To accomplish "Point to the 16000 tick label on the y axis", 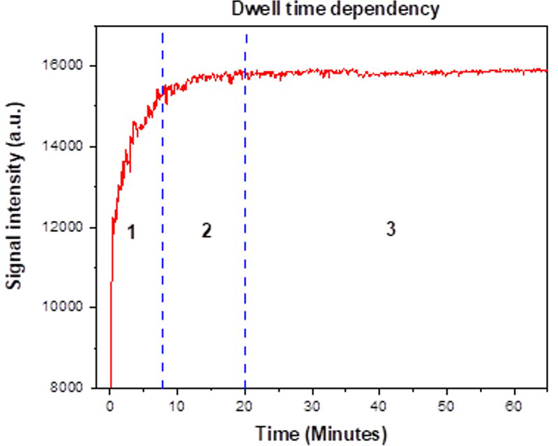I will pyautogui.click(x=65, y=66).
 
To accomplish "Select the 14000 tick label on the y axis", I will pyautogui.click(x=65, y=147).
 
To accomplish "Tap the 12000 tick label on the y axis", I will pyautogui.click(x=65, y=228).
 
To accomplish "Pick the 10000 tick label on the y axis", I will pyautogui.click(x=65, y=308).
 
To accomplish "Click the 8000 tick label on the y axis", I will pyautogui.click(x=68, y=388).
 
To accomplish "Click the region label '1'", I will pyautogui.click(x=130, y=232).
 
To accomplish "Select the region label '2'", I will pyautogui.click(x=206, y=231).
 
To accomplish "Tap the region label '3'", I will pyautogui.click(x=391, y=229).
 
